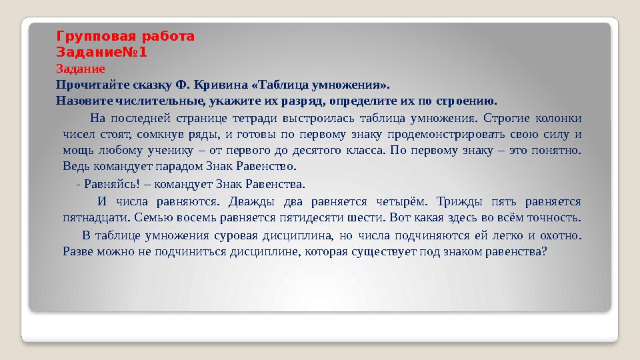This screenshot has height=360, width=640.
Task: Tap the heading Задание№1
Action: click(101, 51)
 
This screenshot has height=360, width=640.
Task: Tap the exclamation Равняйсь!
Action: click(111, 184)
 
